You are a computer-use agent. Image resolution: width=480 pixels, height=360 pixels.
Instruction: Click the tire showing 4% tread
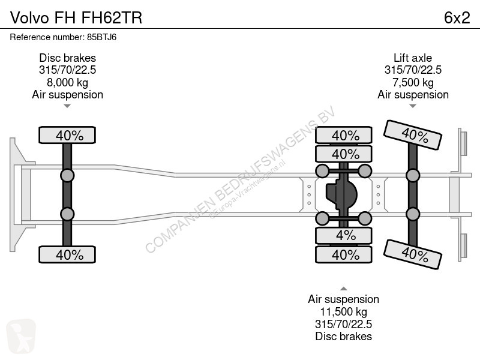343,235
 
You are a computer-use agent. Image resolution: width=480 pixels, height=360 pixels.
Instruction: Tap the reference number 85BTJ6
101,37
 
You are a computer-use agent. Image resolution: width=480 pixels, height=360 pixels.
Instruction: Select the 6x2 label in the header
457,18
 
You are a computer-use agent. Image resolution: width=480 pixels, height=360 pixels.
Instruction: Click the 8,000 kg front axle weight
67,82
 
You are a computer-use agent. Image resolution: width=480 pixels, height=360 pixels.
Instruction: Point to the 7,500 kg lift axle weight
413,82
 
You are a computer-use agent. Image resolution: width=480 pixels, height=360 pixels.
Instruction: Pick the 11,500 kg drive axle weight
343,311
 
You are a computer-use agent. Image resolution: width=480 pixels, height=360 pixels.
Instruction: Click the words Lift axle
413,58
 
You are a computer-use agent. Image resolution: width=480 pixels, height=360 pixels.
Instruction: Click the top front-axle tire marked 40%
67,135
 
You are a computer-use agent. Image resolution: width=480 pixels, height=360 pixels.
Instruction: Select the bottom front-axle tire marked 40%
67,254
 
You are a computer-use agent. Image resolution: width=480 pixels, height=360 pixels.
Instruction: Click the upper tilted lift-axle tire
413,135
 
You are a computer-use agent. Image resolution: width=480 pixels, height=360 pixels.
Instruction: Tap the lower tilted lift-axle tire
413,254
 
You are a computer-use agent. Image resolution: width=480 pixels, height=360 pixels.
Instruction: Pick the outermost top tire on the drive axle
343,135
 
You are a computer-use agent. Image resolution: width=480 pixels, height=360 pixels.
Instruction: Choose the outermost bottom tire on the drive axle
343,254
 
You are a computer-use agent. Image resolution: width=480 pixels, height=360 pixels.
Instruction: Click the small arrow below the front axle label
67,106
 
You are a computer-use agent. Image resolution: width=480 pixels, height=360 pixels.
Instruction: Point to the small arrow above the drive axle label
343,289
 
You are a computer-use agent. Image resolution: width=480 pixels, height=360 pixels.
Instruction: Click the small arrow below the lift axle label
413,106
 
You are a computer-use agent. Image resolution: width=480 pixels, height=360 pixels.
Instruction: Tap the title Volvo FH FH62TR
76,18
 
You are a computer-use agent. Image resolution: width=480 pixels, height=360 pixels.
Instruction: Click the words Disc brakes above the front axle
67,58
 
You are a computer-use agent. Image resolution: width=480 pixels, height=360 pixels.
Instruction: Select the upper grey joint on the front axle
67,176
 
